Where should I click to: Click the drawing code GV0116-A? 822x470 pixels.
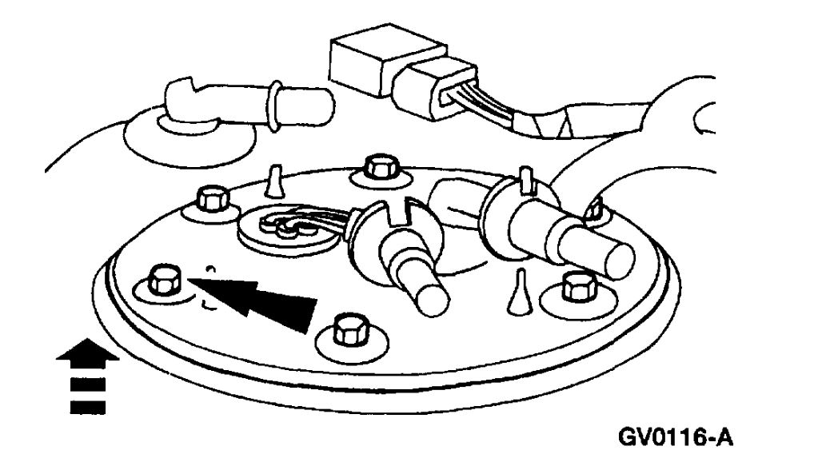[x=675, y=437]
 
